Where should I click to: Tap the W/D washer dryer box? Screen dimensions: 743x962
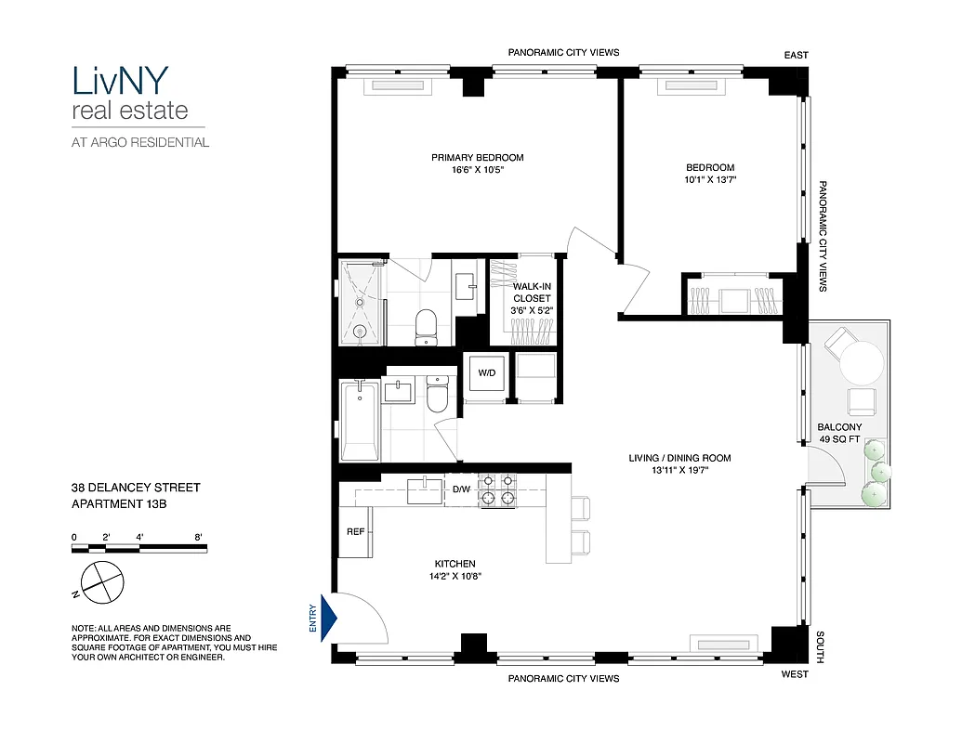click(486, 375)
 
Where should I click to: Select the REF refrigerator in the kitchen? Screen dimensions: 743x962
click(354, 532)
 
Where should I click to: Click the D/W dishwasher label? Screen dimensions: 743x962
click(462, 489)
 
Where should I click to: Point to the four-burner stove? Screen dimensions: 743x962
click(496, 490)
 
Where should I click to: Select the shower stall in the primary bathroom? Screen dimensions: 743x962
click(362, 300)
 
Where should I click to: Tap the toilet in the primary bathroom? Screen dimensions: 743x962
click(426, 324)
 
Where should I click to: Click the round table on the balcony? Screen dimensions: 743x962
click(862, 362)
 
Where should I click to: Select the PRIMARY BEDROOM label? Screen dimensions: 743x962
click(477, 157)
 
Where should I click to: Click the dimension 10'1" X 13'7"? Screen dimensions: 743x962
click(710, 180)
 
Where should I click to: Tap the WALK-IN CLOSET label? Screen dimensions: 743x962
click(532, 293)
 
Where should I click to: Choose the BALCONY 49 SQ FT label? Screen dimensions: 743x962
click(839, 433)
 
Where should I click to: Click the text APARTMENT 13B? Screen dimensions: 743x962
click(121, 504)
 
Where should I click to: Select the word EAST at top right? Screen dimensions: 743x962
click(796, 56)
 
